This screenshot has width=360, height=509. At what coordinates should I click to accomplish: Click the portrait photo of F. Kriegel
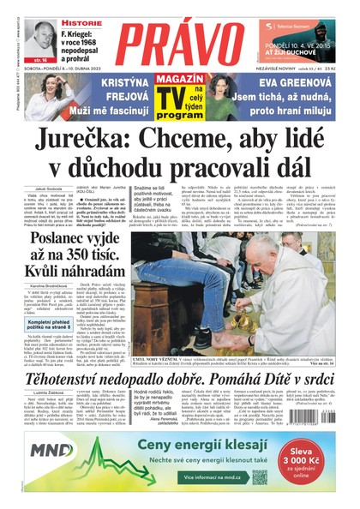pos(39,39)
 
